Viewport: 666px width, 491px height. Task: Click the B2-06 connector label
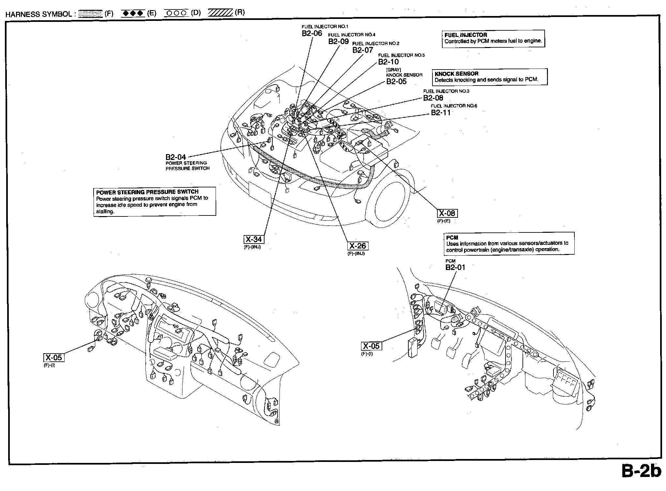pyautogui.click(x=312, y=33)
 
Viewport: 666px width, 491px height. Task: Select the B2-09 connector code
pyautogui.click(x=338, y=41)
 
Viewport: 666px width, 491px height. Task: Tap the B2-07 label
pyautogui.click(x=363, y=50)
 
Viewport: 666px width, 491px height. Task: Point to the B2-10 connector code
pyautogui.click(x=388, y=62)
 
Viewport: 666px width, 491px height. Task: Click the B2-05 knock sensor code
pyautogui.click(x=396, y=82)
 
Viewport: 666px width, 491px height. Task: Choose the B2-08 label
pyautogui.click(x=433, y=98)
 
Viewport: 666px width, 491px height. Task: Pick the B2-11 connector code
pyautogui.click(x=441, y=113)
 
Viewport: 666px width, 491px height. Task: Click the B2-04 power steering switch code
pyautogui.click(x=176, y=157)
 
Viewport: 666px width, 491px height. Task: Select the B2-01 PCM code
pyautogui.click(x=455, y=267)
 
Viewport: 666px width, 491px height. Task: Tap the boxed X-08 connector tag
pyautogui.click(x=447, y=214)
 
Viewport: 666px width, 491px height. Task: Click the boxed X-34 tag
pyautogui.click(x=253, y=240)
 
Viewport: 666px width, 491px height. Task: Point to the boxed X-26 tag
pyautogui.click(x=357, y=246)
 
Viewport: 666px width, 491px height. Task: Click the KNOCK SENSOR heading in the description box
pyautogui.click(x=456, y=74)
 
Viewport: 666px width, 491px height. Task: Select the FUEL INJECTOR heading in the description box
pyautogui.click(x=466, y=35)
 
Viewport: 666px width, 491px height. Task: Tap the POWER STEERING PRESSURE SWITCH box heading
pyautogui.click(x=147, y=192)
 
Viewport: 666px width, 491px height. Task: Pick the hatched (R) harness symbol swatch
pyautogui.click(x=220, y=13)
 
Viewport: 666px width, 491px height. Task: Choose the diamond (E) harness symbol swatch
pyautogui.click(x=132, y=13)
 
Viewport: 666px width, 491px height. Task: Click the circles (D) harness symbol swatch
pyautogui.click(x=176, y=13)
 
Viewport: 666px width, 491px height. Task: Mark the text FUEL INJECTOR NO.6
pyautogui.click(x=454, y=106)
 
